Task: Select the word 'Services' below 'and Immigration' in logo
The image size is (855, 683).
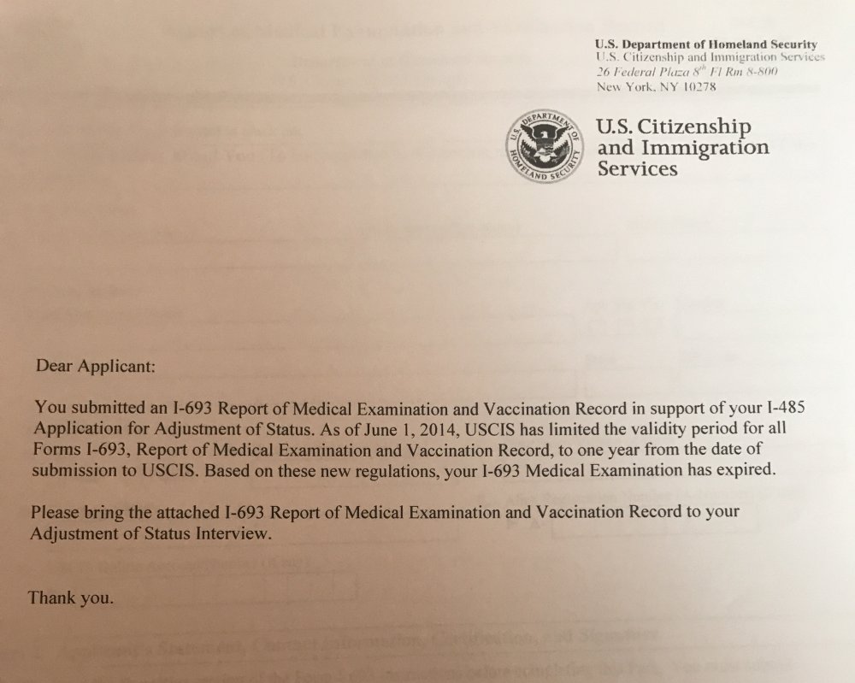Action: (637, 168)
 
